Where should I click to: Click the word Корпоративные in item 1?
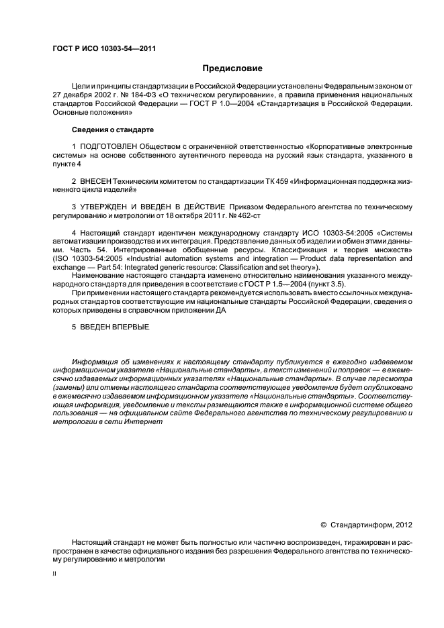tap(343, 146)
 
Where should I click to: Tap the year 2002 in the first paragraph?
tap(103, 95)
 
